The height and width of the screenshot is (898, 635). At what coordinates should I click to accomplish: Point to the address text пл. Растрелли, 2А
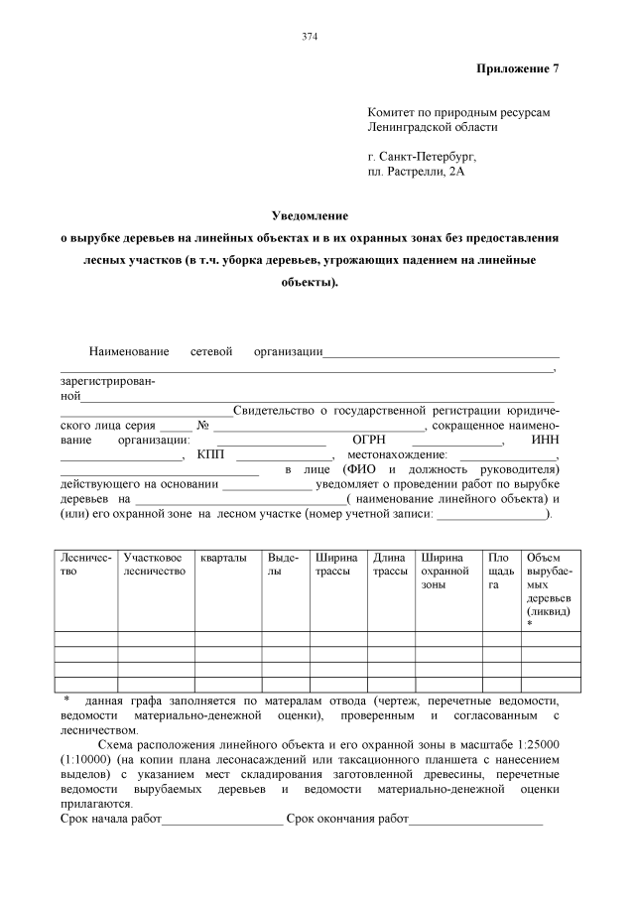416,172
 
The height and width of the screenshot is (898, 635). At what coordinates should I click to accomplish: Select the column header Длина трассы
390,565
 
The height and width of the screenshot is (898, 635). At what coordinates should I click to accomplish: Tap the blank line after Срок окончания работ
475,820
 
